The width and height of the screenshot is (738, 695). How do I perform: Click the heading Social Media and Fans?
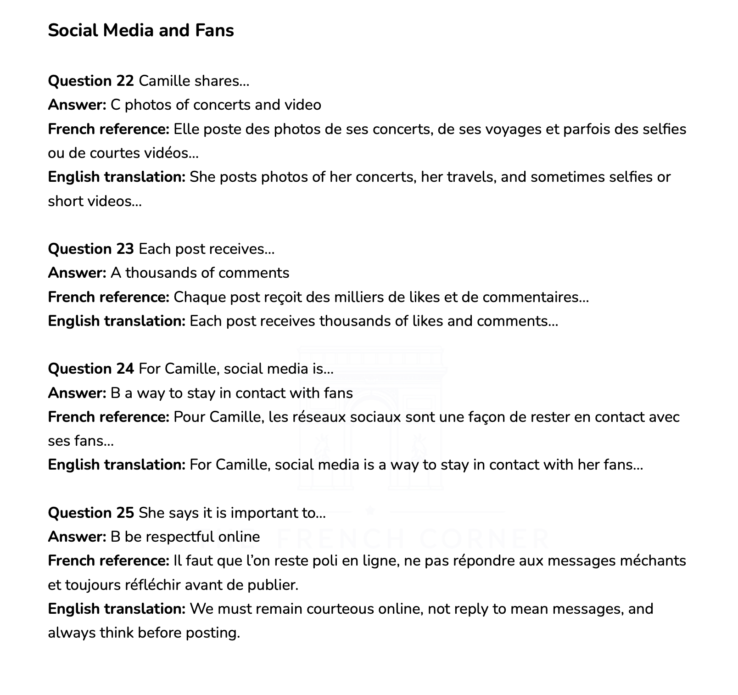[141, 30]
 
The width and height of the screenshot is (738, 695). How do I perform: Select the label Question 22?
[91, 81]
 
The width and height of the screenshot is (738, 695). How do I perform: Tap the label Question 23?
[91, 249]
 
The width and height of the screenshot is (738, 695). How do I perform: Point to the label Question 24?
[91, 369]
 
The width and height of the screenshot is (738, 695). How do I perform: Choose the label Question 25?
[91, 513]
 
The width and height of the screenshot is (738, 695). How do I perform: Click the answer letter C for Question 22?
[116, 105]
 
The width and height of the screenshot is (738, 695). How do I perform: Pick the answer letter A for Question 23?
[116, 273]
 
